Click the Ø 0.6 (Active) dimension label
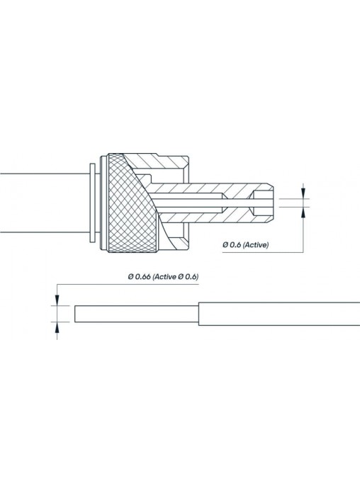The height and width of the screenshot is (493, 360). pyautogui.click(x=246, y=244)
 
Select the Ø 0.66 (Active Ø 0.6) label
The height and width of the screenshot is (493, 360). pyautogui.click(x=163, y=277)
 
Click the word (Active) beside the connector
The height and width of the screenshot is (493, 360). pyautogui.click(x=257, y=244)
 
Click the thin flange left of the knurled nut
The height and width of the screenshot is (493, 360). pyautogui.click(x=93, y=203)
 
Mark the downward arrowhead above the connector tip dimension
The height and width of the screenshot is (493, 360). pyautogui.click(x=303, y=193)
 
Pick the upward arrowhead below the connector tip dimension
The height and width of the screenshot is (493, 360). pyautogui.click(x=303, y=213)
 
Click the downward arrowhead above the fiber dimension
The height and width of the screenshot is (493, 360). pyautogui.click(x=57, y=300)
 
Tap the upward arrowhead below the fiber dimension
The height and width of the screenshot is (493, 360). pyautogui.click(x=57, y=327)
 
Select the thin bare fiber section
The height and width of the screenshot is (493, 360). pyautogui.click(x=137, y=314)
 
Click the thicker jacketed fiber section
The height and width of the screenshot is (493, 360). pyautogui.click(x=279, y=314)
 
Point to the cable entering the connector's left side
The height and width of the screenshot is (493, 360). pyautogui.click(x=45, y=203)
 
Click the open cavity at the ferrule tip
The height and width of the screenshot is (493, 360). pyautogui.click(x=262, y=203)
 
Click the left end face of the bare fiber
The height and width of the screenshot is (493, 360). pyautogui.click(x=75, y=314)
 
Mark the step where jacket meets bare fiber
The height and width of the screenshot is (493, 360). pyautogui.click(x=198, y=314)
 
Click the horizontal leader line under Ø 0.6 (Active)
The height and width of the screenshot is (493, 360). pyautogui.click(x=263, y=252)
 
